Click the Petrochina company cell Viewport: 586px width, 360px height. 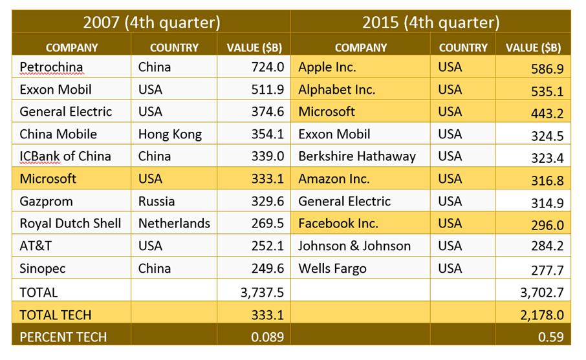coord(51,67)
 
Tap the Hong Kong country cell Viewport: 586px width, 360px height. coord(170,134)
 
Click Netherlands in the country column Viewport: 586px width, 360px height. coord(174,224)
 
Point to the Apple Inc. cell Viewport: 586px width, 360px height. coord(327,67)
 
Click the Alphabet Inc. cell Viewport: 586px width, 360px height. coord(336,90)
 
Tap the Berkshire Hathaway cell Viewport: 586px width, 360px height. coord(356,156)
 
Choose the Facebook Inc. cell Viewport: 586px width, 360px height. coord(338,224)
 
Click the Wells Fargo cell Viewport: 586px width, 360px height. coord(332,268)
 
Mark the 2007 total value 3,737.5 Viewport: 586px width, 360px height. coord(262,293)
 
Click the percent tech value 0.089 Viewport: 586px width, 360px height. coord(266,337)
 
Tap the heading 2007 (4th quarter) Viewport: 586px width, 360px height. coord(152,22)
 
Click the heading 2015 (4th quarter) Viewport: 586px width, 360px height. coord(431,22)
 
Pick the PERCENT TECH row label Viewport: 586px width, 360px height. coord(63,337)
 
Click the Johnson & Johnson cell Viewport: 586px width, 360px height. coord(354,246)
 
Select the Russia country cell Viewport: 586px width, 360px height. coord(157,201)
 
